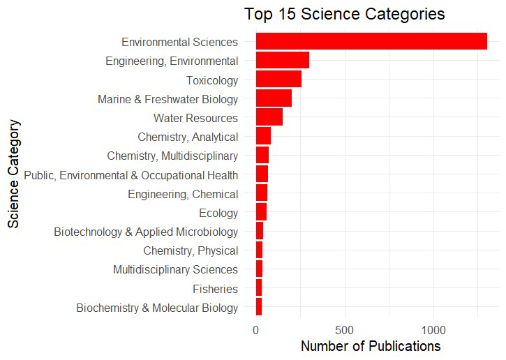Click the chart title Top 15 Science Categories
coord(344,14)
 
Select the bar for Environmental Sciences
coord(371,41)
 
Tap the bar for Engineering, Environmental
coord(283,61)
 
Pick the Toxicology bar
coord(278,80)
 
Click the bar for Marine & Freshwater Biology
coord(274,98)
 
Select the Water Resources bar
coord(269,117)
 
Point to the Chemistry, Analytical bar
coord(263,137)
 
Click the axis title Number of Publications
coord(370,346)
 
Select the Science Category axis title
coord(14,174)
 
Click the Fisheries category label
coord(215,289)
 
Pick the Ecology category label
coord(218,213)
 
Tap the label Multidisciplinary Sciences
coord(175,270)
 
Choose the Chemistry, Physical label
coord(191,250)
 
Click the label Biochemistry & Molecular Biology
coord(157,308)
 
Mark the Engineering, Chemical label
coord(183,194)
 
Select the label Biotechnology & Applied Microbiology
coord(146,232)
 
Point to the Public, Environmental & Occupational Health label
coord(131,175)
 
